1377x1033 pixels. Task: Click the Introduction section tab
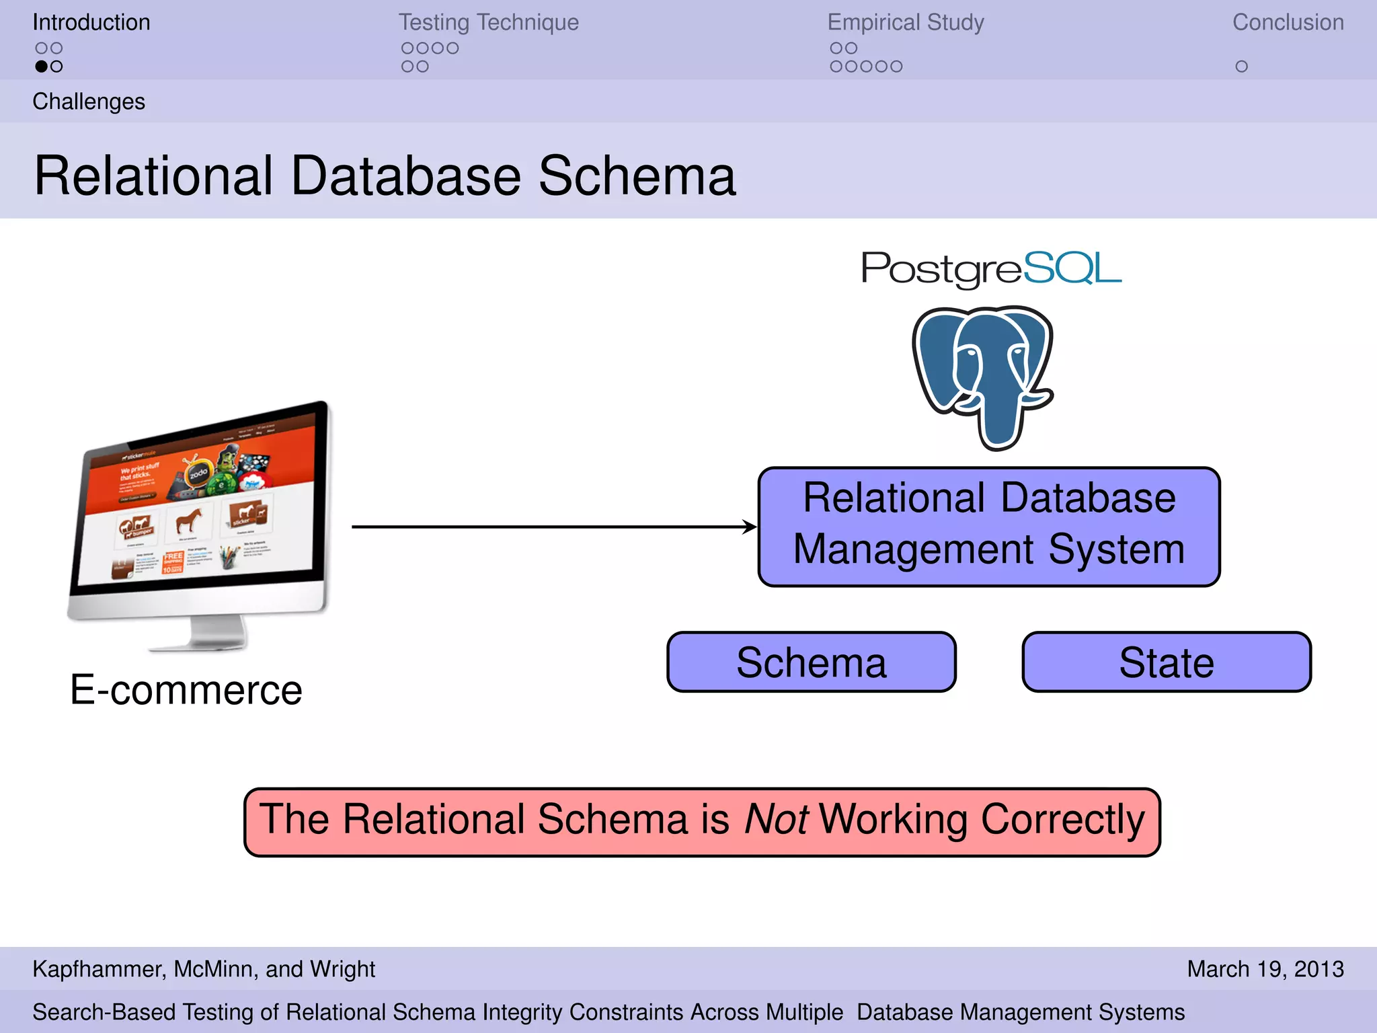coord(91,22)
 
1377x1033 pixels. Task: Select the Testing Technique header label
coord(488,22)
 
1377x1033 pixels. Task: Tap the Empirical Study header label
coord(905,22)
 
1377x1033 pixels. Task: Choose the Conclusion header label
coord(1288,22)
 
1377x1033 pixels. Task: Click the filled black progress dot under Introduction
coord(42,67)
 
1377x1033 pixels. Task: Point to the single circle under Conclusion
coord(1241,67)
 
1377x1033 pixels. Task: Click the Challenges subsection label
coord(89,102)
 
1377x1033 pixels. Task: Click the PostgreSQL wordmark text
coord(991,268)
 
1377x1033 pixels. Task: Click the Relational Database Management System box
coord(988,527)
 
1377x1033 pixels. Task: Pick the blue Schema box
coord(811,662)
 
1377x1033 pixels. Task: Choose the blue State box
coord(1166,662)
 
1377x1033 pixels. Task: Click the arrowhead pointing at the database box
coord(750,527)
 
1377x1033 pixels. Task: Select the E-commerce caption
coord(186,690)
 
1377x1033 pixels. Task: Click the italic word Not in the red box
coord(775,819)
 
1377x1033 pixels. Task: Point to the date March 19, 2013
coord(1265,969)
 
